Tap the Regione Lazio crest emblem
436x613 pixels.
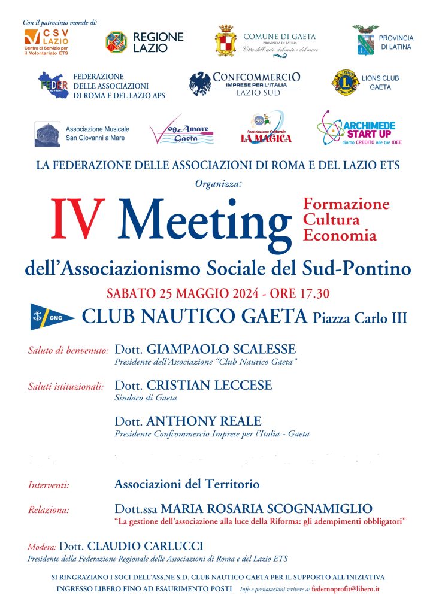(x=116, y=42)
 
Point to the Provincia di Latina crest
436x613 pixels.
(x=365, y=40)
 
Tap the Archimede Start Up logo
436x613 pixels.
(x=356, y=128)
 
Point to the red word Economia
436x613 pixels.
(x=340, y=235)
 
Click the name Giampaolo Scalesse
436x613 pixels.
(x=221, y=350)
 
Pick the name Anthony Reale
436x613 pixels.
(x=204, y=421)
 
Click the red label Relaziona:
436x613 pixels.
(x=49, y=511)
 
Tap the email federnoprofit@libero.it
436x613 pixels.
(x=346, y=589)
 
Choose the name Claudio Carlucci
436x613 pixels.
(x=146, y=546)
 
